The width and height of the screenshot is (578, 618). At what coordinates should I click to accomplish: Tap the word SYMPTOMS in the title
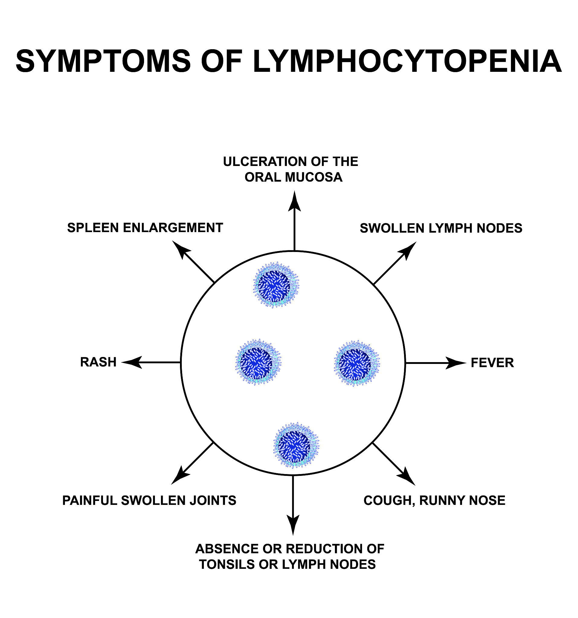pos(103,61)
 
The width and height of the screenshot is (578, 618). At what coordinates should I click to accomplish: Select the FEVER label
pos(492,363)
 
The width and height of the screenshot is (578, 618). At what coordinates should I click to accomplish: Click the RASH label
pos(98,362)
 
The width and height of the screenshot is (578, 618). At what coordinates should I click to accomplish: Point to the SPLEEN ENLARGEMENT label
pos(145,228)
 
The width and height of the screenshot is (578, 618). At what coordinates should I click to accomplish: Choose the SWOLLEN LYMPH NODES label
pos(441,228)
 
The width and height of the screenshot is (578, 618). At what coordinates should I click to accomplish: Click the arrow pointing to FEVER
pos(435,363)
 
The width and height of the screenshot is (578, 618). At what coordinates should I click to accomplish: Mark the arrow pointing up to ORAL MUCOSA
pos(294,221)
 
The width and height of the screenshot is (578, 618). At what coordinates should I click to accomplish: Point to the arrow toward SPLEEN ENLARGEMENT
pos(193,261)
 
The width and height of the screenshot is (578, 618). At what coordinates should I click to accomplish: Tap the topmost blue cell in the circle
pos(276,285)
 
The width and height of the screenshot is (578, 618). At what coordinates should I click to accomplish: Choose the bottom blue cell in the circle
pos(296,445)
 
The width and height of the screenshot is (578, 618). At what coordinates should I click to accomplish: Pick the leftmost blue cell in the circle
pos(258,362)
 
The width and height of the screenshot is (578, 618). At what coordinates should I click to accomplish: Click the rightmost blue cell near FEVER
pos(357,363)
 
